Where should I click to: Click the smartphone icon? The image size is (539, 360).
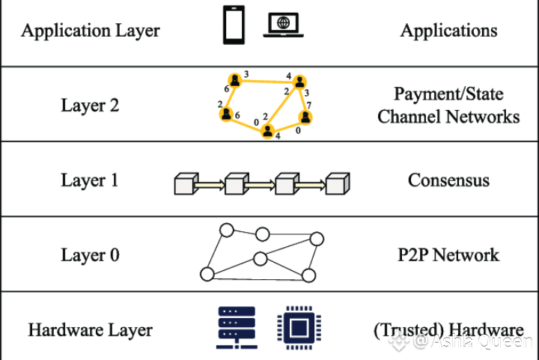click(234, 25)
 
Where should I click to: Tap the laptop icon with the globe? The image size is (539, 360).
click(283, 25)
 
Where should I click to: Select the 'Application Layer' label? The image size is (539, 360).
click(91, 31)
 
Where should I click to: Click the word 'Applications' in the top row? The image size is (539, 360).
click(448, 31)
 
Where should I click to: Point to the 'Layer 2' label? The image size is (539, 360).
click(90, 105)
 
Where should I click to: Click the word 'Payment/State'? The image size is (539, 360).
click(448, 94)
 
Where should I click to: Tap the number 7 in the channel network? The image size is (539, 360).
click(308, 105)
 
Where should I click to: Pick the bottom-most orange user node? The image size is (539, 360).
click(267, 132)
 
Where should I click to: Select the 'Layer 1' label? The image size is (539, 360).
click(90, 180)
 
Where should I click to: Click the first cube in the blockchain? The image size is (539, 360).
click(186, 184)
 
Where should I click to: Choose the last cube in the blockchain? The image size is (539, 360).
click(338, 184)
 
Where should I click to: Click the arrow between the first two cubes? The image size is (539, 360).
click(210, 186)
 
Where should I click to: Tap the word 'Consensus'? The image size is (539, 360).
click(448, 180)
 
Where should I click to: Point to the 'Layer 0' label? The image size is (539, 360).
click(90, 255)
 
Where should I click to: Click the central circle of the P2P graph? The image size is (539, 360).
click(261, 259)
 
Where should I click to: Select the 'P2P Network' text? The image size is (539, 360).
click(448, 255)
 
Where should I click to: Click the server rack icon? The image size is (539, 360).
click(237, 328)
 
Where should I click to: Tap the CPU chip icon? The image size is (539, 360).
click(299, 328)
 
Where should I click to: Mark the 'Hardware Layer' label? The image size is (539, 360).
click(90, 330)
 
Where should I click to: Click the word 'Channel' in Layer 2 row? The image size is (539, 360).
click(409, 117)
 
